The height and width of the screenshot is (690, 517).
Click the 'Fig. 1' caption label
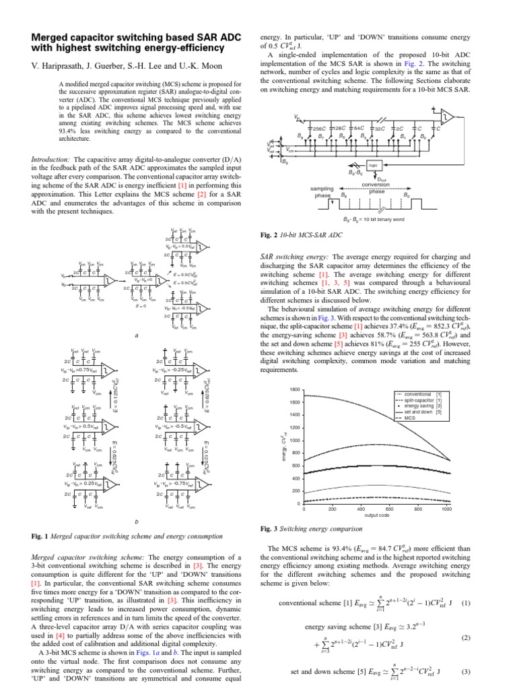tap(42, 536)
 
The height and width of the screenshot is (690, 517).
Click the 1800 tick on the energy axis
tap(294, 390)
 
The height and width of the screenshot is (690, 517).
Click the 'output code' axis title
tap(377, 516)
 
